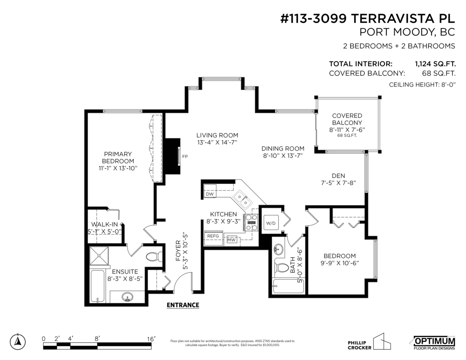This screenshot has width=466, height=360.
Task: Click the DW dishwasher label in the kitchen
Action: coord(210,194)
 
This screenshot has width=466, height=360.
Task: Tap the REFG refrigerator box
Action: coord(213,238)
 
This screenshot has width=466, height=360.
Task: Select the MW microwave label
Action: coord(231,240)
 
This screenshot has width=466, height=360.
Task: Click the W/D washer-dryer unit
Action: coord(271,223)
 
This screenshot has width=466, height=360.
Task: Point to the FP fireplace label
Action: coord(185,157)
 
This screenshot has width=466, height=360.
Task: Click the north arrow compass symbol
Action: coord(18,342)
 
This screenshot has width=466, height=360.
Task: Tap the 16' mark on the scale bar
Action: coord(151,339)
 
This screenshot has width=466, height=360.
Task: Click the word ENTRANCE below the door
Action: coord(183,305)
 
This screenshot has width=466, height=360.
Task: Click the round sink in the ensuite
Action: coord(127,297)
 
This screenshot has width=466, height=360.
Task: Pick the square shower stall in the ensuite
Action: coord(99,256)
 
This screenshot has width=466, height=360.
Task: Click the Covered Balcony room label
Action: coord(347,119)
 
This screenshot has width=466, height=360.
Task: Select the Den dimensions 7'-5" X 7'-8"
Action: coord(338,183)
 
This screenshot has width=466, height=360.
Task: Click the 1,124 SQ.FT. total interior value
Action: coord(435,64)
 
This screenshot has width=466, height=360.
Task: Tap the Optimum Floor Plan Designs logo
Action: coord(434,343)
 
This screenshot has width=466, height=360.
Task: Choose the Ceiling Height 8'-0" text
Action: coord(422,85)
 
